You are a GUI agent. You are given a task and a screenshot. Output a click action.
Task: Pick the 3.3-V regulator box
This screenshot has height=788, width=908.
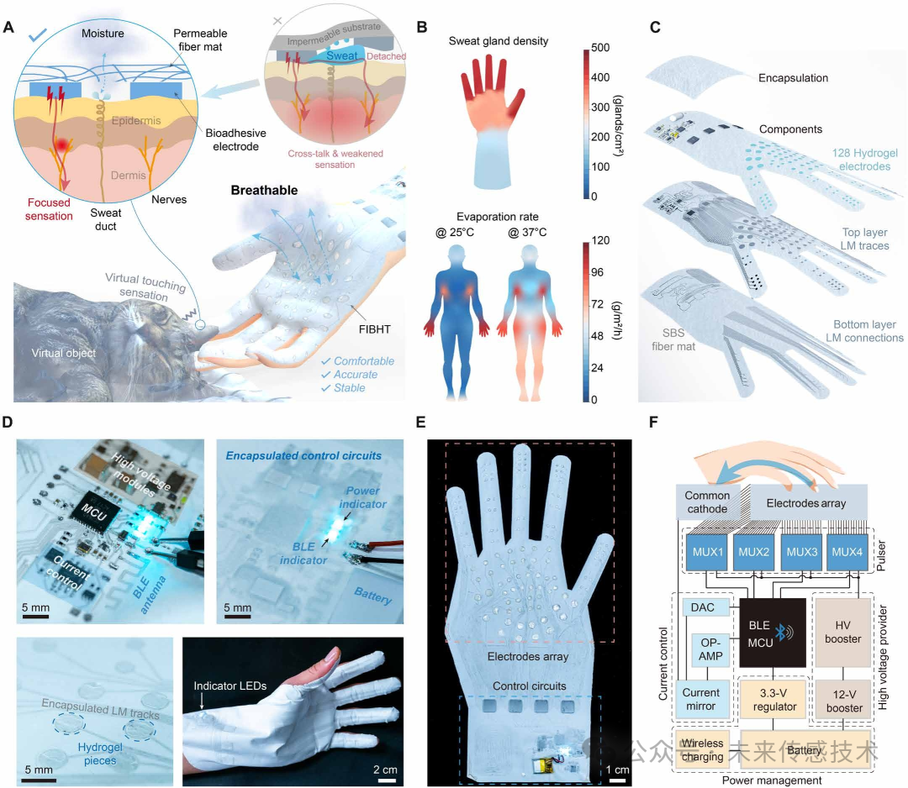coord(773,700)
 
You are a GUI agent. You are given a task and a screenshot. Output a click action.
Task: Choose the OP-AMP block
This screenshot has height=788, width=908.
coord(704,649)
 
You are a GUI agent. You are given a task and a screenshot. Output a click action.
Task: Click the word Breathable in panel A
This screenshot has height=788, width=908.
coord(266,191)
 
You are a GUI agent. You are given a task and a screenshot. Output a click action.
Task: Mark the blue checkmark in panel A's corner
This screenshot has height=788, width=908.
coord(37,34)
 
